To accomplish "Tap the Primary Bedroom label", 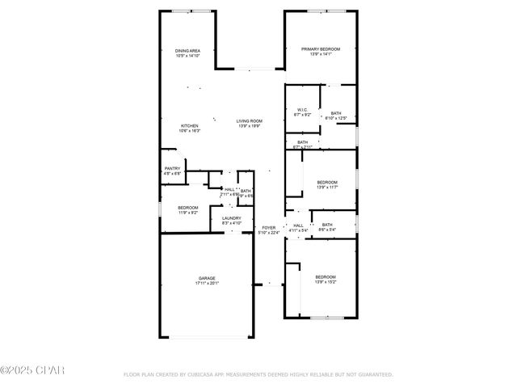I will click(321, 49).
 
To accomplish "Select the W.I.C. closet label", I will click(302, 110).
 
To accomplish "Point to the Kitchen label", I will click(189, 125).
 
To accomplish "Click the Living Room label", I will click(249, 120).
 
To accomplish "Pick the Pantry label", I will click(173, 168).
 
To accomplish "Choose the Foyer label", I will click(268, 227).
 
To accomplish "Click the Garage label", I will click(207, 278).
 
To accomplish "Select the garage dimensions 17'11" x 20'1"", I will click(207, 284).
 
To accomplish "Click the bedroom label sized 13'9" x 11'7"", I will click(326, 182).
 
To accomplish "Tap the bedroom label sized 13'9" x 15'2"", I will click(326, 276).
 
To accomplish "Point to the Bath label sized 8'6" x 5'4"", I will click(327, 225).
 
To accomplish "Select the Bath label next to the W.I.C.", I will click(335, 113).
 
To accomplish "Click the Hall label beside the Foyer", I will click(298, 226).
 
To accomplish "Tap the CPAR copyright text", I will click(32, 370).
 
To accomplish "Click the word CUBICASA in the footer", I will click(200, 375).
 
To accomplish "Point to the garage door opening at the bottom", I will click(207, 337).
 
